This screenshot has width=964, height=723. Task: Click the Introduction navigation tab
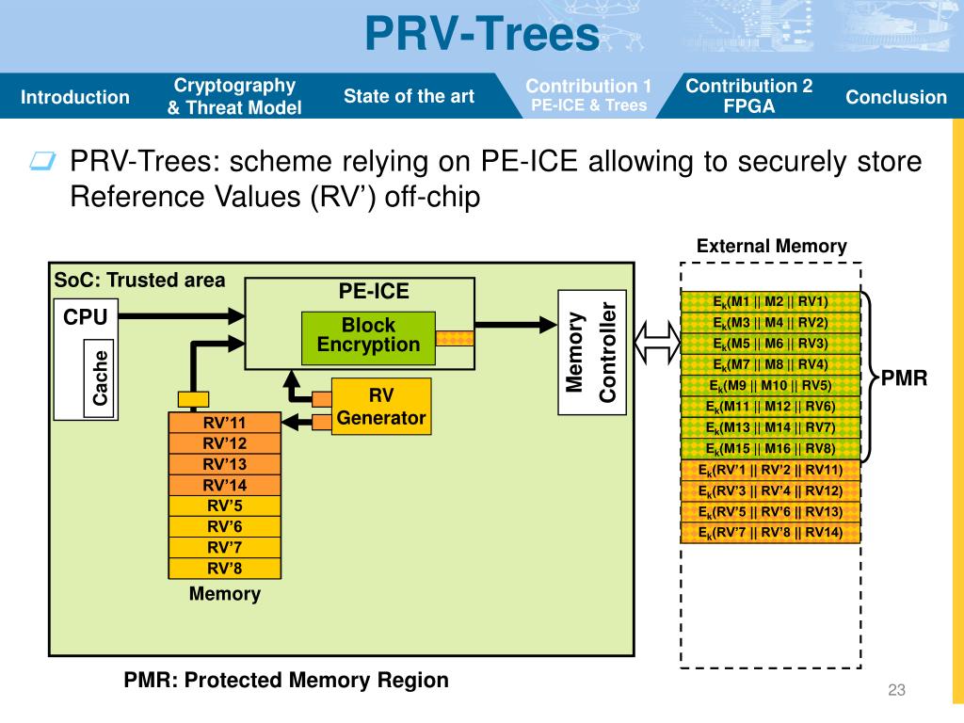point(75,97)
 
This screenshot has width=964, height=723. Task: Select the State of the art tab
point(409,96)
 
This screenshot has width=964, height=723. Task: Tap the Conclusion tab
point(895,97)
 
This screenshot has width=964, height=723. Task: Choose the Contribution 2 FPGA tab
point(748,96)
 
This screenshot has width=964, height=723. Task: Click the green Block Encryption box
point(368,336)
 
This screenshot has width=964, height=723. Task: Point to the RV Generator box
point(381,407)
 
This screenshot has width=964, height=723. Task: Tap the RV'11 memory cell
point(224,423)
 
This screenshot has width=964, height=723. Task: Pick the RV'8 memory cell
point(224,568)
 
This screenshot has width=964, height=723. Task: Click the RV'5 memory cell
point(224,506)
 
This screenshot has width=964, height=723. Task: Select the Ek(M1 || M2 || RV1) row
point(770,302)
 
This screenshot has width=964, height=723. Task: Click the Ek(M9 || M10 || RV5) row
point(770,386)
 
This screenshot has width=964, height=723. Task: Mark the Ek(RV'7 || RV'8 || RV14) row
point(770,533)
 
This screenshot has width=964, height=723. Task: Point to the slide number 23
point(895,692)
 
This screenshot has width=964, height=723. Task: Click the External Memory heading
point(771,247)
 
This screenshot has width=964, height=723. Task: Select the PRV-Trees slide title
point(481,36)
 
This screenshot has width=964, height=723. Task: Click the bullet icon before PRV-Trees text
point(42,163)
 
